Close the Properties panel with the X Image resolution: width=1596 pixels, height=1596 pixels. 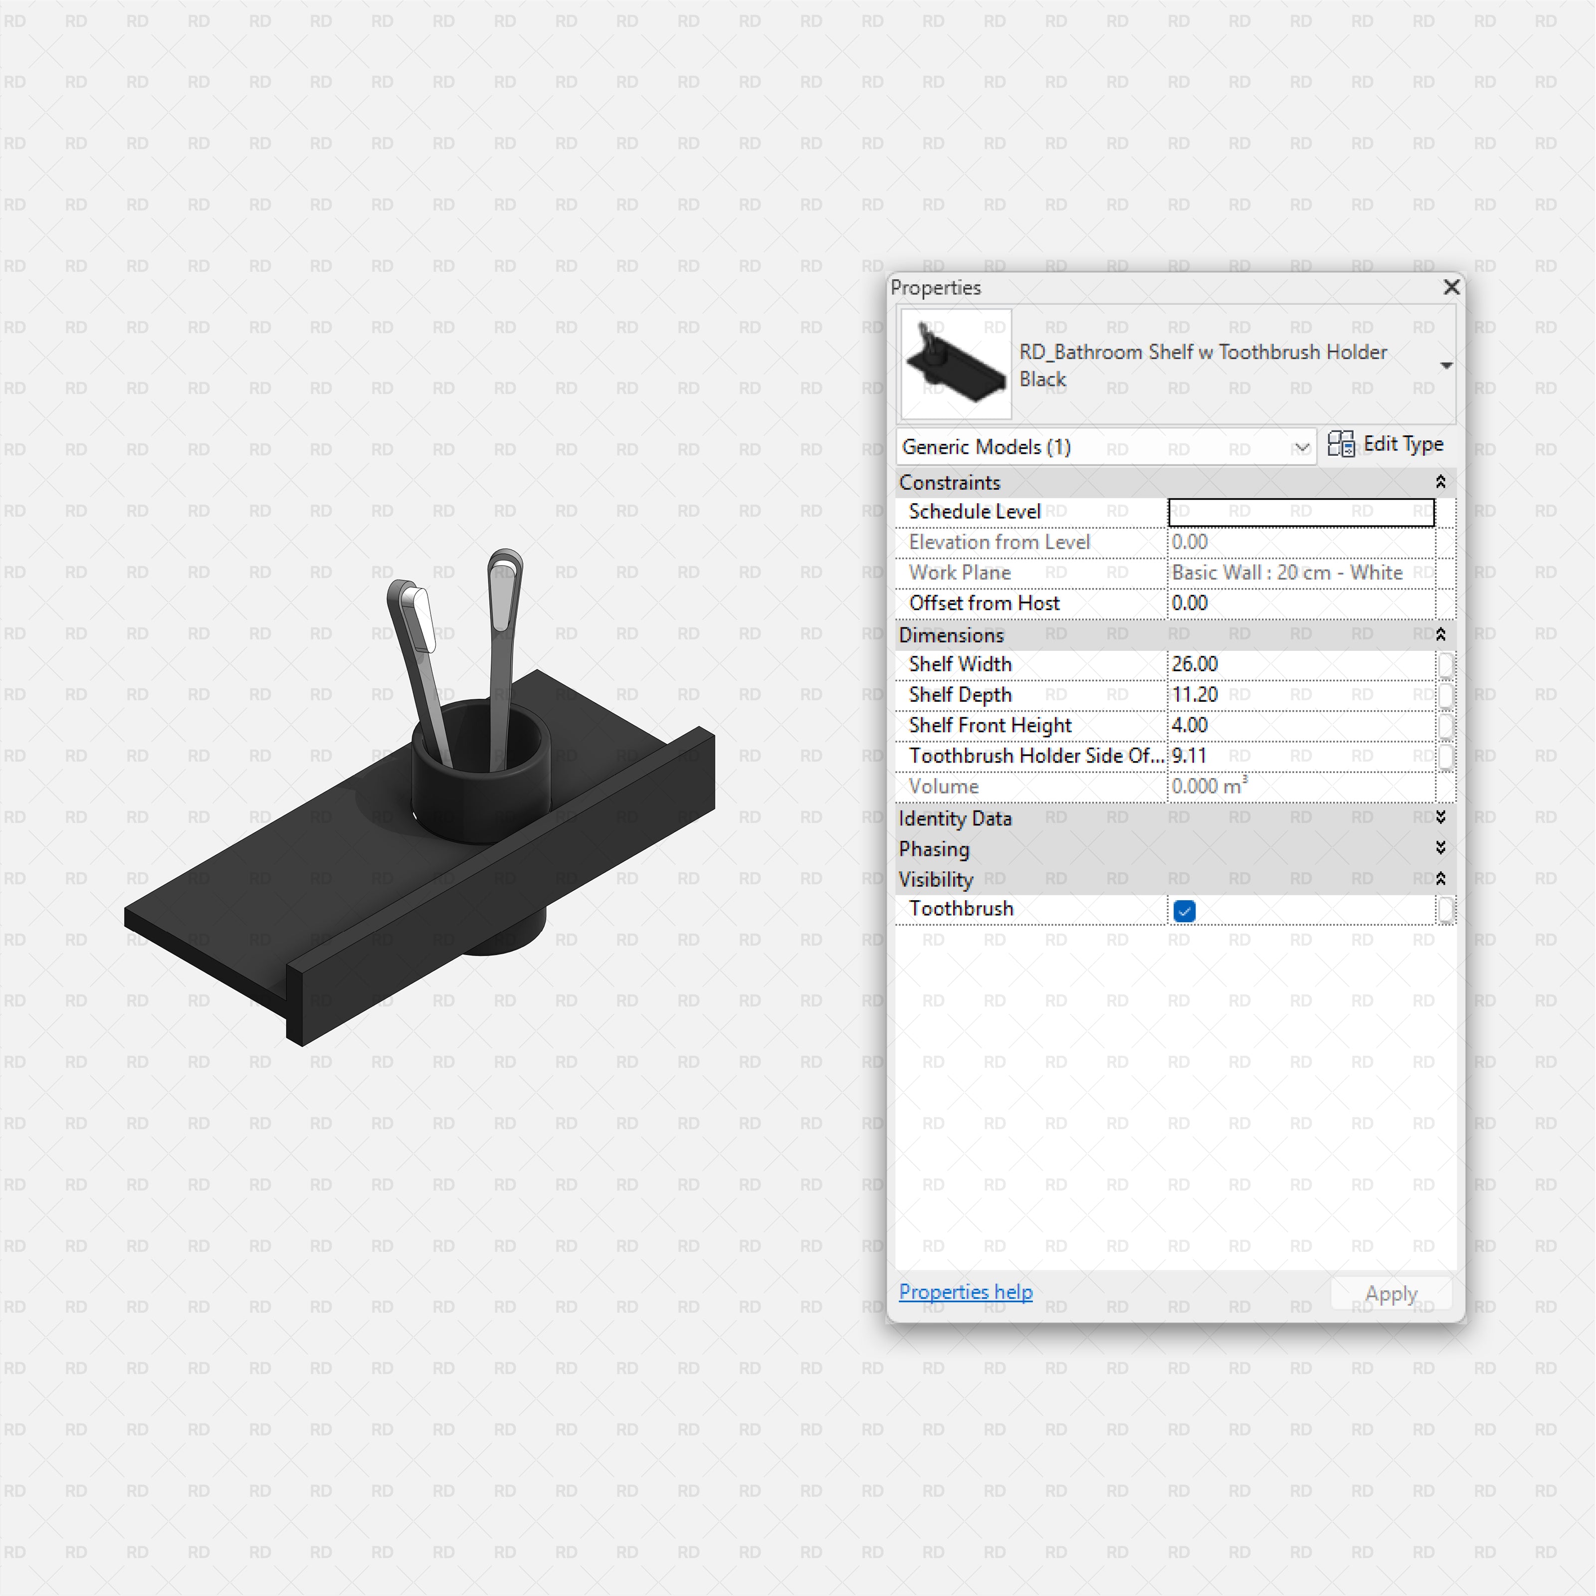[x=1450, y=287]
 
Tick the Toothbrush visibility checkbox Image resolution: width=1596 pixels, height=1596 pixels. [x=1184, y=910]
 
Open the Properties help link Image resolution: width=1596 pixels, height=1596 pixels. [x=965, y=1291]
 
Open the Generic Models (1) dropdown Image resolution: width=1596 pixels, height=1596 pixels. [x=1105, y=447]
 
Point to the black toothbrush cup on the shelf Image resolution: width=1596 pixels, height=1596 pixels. [x=479, y=793]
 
